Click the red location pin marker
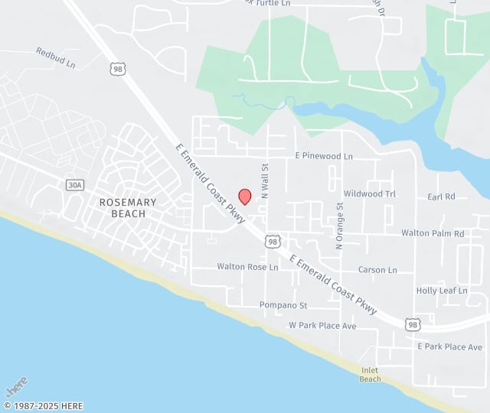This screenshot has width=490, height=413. point(245,197)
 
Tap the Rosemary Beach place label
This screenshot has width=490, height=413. point(129,208)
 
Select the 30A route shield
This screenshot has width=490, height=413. point(74,186)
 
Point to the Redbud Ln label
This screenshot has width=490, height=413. point(56,57)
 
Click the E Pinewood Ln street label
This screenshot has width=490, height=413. point(324,156)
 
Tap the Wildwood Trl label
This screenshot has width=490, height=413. point(370,194)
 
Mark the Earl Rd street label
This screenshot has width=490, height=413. point(441,197)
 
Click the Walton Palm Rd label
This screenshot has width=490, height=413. point(433,233)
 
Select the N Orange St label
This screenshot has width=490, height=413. point(339,226)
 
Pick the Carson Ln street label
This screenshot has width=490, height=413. point(377,270)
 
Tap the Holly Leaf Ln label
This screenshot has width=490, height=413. point(442,291)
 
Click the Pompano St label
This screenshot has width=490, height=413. point(283,305)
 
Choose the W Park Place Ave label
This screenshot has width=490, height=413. point(322,326)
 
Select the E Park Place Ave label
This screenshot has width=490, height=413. point(449,347)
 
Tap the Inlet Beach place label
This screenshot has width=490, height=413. point(371,375)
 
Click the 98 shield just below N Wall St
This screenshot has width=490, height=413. point(273,241)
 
